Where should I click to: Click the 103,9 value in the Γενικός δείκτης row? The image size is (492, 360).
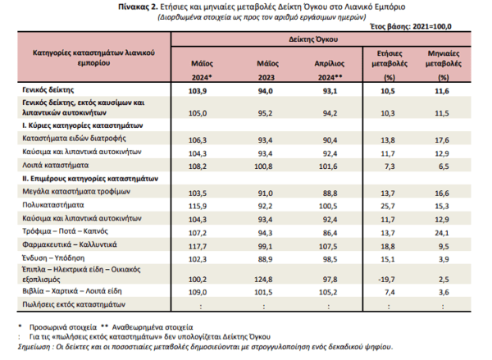(198, 91)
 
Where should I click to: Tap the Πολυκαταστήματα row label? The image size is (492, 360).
(53, 205)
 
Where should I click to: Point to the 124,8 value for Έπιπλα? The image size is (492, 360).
(263, 280)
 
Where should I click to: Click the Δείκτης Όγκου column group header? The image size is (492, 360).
(313, 39)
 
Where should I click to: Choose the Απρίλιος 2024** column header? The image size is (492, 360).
(330, 71)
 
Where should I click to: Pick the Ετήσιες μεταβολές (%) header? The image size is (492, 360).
(389, 66)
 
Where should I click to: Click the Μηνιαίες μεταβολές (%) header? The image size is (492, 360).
(444, 66)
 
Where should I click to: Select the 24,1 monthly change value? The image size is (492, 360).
(442, 233)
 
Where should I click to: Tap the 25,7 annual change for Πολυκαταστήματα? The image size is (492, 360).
(388, 206)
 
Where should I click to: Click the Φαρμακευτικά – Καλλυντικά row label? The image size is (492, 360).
(70, 244)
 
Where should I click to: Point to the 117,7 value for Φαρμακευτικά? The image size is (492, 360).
(198, 246)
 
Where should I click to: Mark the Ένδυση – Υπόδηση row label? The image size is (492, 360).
(53, 258)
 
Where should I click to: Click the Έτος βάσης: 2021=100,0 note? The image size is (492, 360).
(411, 26)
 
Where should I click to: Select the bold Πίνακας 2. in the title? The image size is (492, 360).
(138, 7)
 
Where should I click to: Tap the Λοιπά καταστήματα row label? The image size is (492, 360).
(56, 165)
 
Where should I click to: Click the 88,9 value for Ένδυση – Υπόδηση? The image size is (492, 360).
(265, 259)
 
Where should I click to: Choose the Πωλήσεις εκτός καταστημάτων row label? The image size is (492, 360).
(74, 304)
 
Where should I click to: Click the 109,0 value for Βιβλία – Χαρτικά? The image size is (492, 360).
(198, 292)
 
